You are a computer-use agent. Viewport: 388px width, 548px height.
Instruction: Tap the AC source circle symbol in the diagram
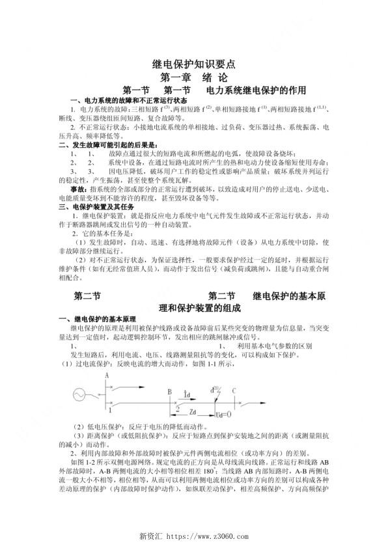point(82,394)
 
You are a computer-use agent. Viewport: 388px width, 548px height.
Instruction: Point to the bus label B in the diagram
point(169,392)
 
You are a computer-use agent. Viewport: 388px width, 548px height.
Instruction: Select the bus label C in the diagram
point(234,390)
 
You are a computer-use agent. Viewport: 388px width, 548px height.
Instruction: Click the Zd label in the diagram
point(193,413)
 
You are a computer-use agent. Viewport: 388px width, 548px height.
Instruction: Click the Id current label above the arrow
point(187,394)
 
